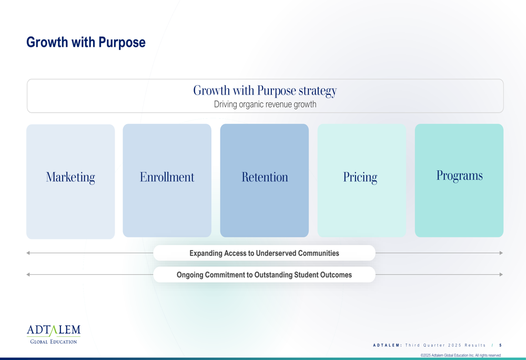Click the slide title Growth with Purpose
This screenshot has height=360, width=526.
(x=86, y=43)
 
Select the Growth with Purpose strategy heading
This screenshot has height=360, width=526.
(x=265, y=90)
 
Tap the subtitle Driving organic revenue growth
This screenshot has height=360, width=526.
(x=265, y=104)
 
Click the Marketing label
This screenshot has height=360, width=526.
(x=70, y=177)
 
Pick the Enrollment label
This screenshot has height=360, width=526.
(x=167, y=177)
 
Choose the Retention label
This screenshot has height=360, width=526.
(x=265, y=177)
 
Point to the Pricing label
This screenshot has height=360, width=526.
(x=360, y=177)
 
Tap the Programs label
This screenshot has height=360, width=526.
(x=459, y=176)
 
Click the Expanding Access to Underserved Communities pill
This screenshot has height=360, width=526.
(x=265, y=253)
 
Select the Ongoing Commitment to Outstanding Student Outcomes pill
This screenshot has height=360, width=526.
(x=265, y=274)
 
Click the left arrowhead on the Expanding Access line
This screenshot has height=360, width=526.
(x=28, y=253)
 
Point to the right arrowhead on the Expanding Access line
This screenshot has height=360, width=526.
(x=501, y=253)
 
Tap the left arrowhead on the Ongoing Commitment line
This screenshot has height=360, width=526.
(x=28, y=274)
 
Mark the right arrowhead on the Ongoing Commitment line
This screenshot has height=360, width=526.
(x=501, y=274)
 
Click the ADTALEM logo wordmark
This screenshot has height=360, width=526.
(x=54, y=330)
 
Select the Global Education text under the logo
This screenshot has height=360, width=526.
(x=54, y=342)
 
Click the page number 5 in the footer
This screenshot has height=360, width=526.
(x=501, y=345)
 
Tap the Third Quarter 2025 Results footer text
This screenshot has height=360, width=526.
(x=446, y=345)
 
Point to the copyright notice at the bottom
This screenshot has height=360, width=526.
(x=461, y=355)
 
